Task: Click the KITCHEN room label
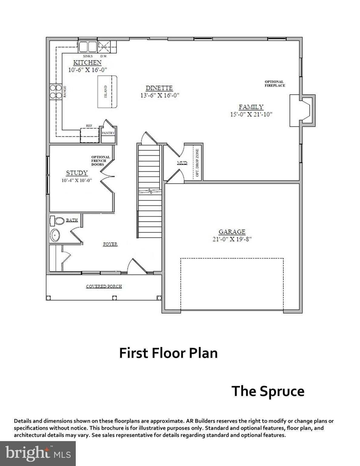coord(87,62)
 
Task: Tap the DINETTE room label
coord(159,88)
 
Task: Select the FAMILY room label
coord(251,107)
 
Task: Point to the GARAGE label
coord(232,232)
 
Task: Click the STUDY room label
coord(77,173)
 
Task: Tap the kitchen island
coord(107,92)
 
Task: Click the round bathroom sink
coord(55,235)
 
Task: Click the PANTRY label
coord(108,133)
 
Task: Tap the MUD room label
coord(182,163)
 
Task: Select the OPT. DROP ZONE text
coord(197,163)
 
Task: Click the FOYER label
coord(110,244)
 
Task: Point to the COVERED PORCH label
coord(104,286)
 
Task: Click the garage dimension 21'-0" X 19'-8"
coord(232,239)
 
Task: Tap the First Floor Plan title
coord(168,353)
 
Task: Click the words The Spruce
coord(268,391)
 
